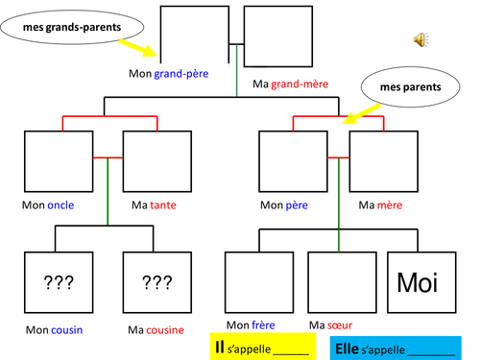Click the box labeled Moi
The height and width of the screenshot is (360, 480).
pos(420,281)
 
